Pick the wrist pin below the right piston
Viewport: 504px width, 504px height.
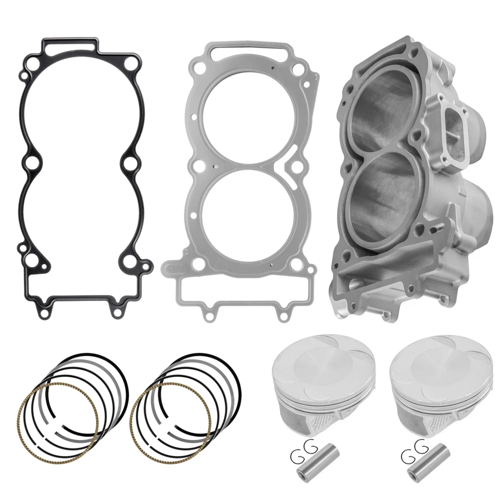click(425, 460)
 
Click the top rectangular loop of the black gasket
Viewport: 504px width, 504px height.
click(70, 46)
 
